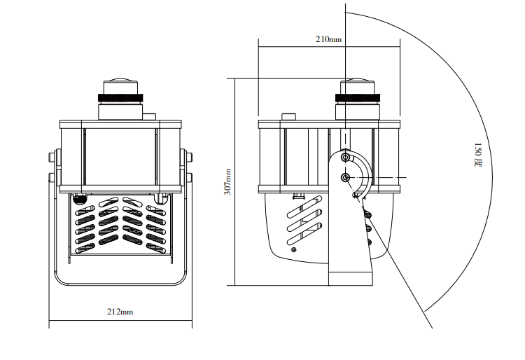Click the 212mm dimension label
click(x=120, y=312)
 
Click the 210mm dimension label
click(x=328, y=40)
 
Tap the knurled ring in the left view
click(x=120, y=98)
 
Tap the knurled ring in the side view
click(x=359, y=98)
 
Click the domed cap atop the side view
click(x=359, y=81)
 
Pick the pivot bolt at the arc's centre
click(x=346, y=177)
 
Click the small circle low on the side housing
click(x=293, y=249)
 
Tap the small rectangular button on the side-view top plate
click(x=288, y=116)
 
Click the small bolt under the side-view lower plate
click(x=299, y=196)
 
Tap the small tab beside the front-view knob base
click(x=150, y=114)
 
